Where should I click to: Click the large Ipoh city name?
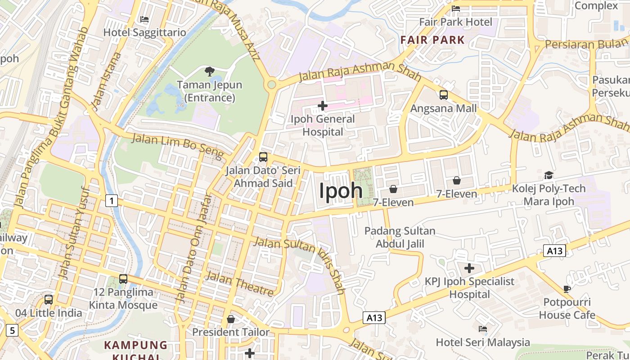point(341,190)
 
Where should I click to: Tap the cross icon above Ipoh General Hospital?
point(323,106)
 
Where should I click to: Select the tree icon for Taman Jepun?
point(209,71)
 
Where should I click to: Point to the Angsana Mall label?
point(443,108)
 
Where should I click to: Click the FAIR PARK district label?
point(432,40)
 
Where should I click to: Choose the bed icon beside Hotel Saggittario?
point(144,19)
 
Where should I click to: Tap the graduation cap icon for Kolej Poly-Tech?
point(549,175)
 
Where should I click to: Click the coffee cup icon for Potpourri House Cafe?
point(567,288)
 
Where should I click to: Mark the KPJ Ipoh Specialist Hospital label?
point(469,288)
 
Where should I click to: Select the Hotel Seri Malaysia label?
point(483,342)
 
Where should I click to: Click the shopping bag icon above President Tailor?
point(231,319)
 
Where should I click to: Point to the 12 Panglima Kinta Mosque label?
point(123,298)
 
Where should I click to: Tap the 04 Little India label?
point(49,313)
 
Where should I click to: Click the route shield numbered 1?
point(111,200)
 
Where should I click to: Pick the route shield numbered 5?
point(12,330)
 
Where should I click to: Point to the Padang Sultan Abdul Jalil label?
point(400,237)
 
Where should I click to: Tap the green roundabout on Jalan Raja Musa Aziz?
point(271,85)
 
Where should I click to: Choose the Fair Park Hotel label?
point(455,22)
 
